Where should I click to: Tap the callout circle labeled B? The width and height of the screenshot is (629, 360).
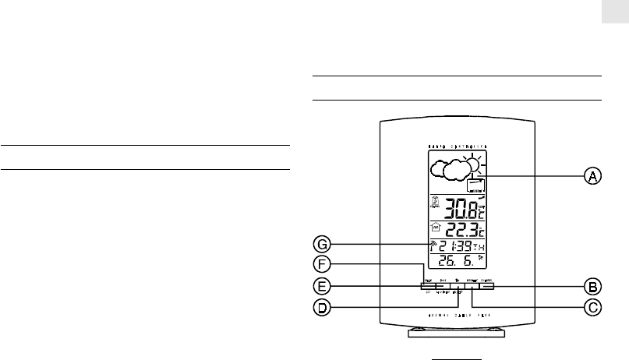coord(592,286)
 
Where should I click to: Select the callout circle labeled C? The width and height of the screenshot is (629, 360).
coord(592,308)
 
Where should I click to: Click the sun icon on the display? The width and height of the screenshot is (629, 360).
coord(471,164)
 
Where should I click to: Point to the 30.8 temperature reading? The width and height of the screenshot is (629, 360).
coord(458,207)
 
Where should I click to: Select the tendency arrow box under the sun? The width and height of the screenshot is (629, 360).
coord(475,185)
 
